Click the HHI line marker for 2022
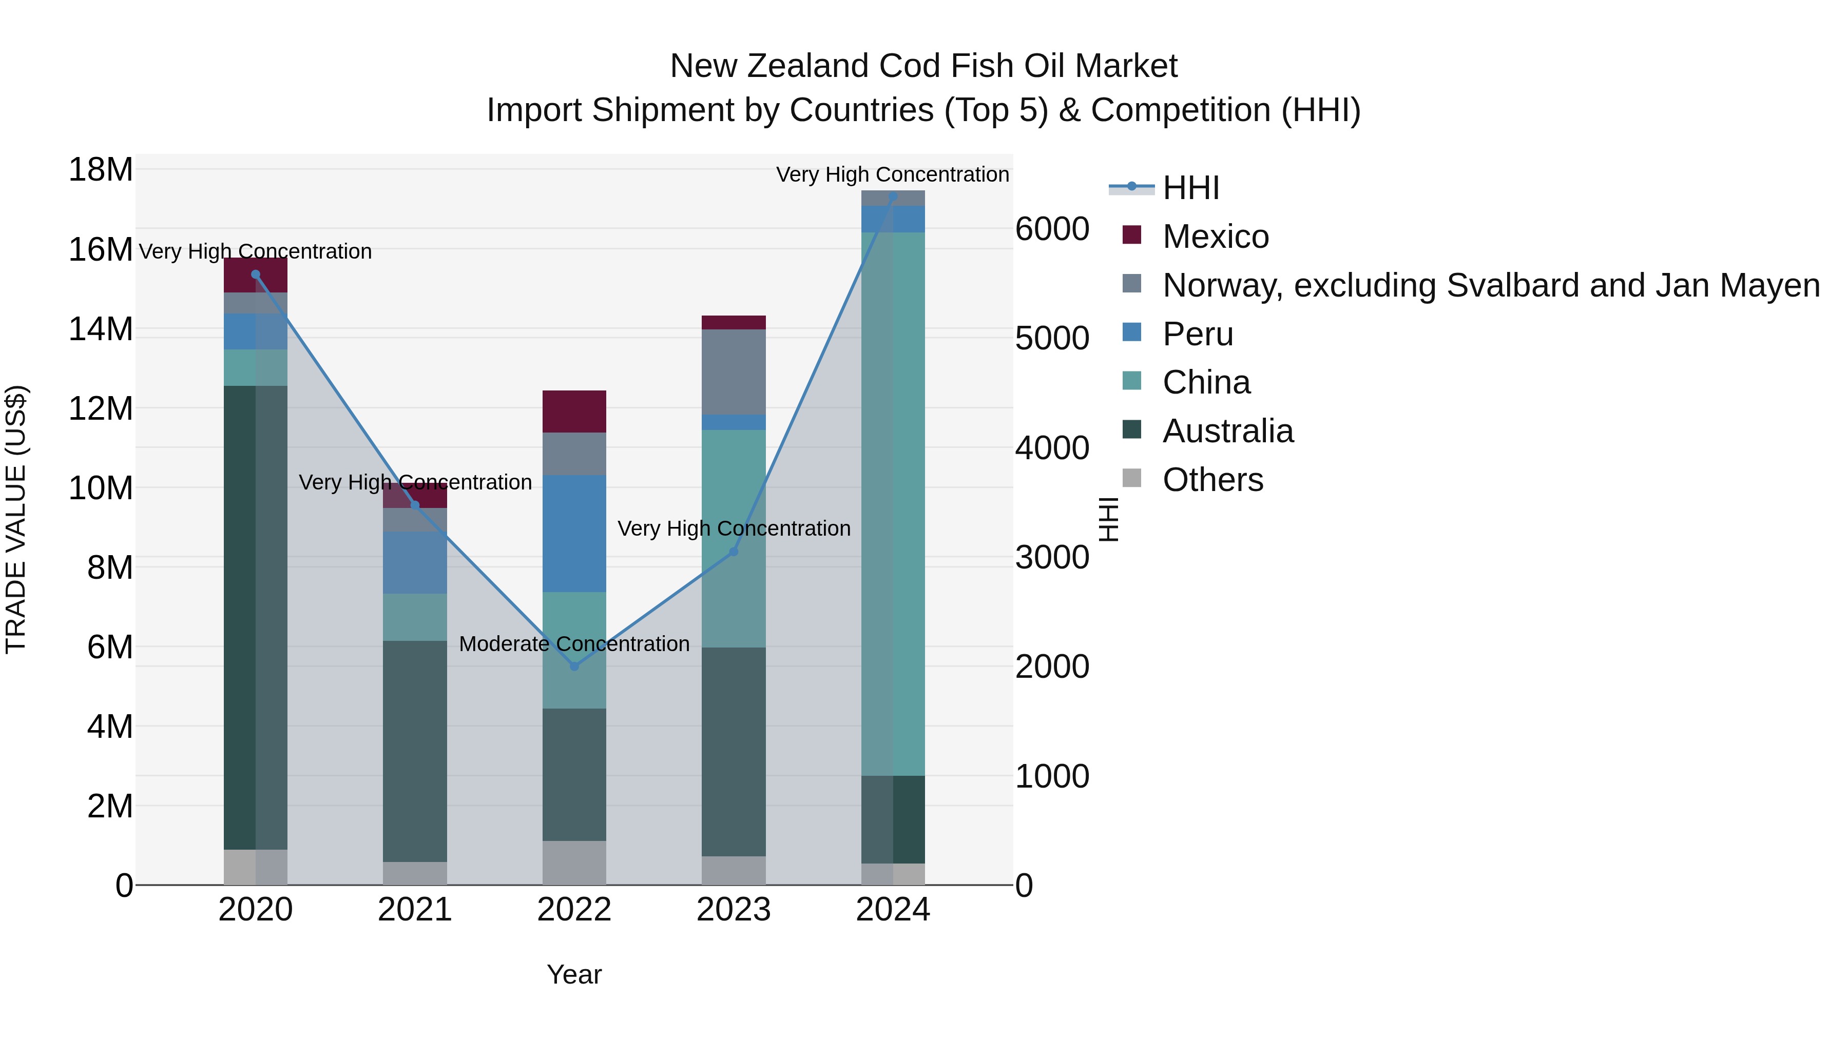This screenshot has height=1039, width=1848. pyautogui.click(x=574, y=666)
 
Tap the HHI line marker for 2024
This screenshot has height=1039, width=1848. pyautogui.click(x=893, y=197)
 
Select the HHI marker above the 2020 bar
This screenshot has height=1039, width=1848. pyautogui.click(x=256, y=274)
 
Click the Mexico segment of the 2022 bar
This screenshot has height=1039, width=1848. pyautogui.click(x=574, y=411)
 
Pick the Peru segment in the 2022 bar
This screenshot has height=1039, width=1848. pyautogui.click(x=574, y=534)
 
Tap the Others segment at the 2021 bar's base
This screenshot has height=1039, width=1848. pyautogui.click(x=415, y=873)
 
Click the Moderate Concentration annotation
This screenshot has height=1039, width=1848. pyautogui.click(x=574, y=644)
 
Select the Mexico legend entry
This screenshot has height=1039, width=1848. pyautogui.click(x=1215, y=237)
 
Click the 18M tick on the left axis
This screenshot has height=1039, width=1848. pyautogui.click(x=101, y=170)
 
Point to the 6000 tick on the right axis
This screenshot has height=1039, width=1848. pyautogui.click(x=1052, y=229)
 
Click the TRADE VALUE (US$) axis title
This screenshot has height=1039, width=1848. pyautogui.click(x=16, y=519)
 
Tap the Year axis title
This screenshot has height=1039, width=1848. pyautogui.click(x=574, y=974)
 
